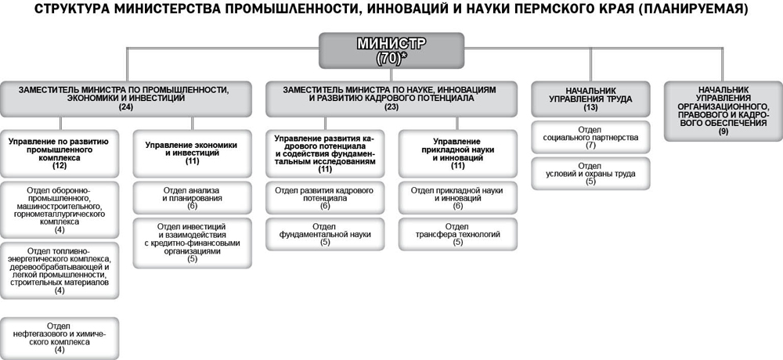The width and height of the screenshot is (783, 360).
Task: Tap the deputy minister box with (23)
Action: [391, 99]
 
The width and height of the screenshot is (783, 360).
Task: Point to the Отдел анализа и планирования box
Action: [192, 198]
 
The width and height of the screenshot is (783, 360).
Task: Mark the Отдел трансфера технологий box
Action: [457, 234]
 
